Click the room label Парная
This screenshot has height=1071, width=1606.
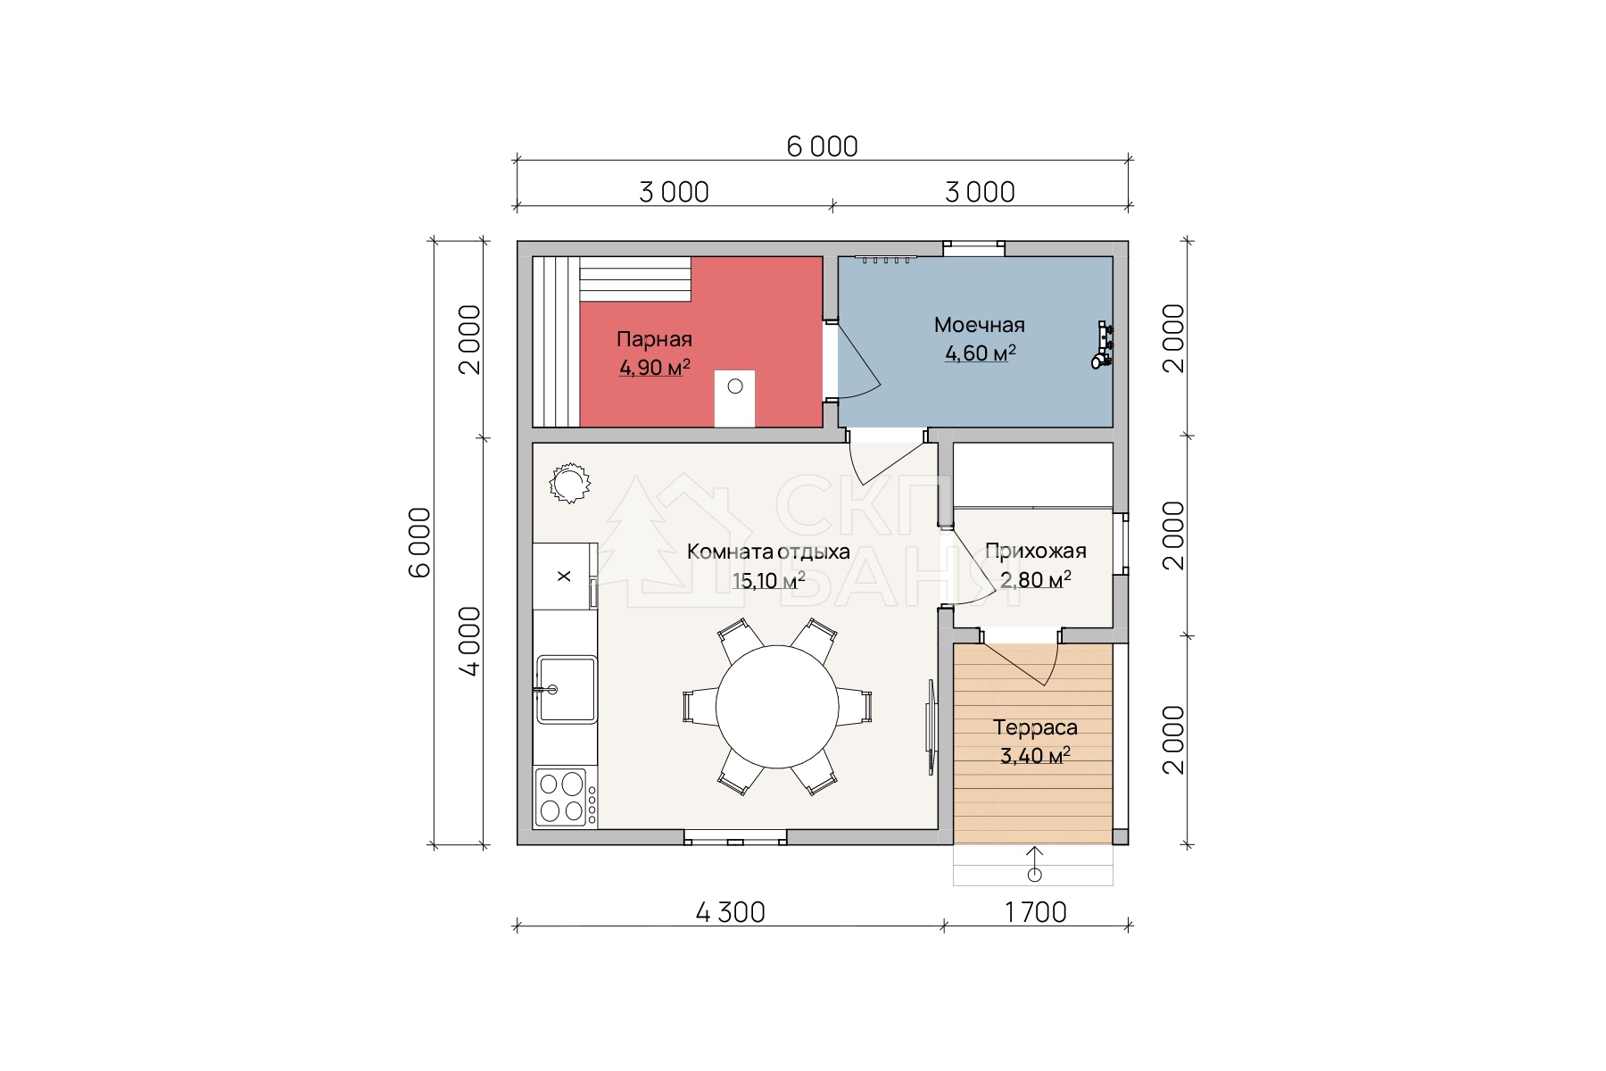[x=654, y=339]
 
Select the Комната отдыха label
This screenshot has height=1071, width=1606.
[x=768, y=552]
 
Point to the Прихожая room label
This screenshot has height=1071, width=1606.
[x=1035, y=551]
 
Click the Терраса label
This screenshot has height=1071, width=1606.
[x=1035, y=727]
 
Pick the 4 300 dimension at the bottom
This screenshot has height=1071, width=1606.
[x=729, y=912]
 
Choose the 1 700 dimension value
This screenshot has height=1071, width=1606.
[x=1035, y=912]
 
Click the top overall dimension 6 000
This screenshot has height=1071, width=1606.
[x=822, y=146]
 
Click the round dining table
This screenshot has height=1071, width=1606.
[x=777, y=706]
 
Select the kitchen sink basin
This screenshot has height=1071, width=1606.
[x=566, y=689]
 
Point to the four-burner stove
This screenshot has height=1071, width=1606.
[x=561, y=797]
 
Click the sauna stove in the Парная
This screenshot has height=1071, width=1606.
[x=735, y=398]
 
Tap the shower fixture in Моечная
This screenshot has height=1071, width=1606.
[x=1103, y=345]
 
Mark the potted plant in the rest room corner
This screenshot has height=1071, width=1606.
[x=568, y=484]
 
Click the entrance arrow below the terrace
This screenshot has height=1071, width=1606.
[x=1034, y=861]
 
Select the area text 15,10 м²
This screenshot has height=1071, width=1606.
[x=768, y=581]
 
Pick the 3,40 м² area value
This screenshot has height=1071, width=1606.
[x=1035, y=757]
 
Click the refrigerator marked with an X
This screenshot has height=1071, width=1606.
[x=564, y=577]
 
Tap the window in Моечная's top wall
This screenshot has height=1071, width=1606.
[x=974, y=249]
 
